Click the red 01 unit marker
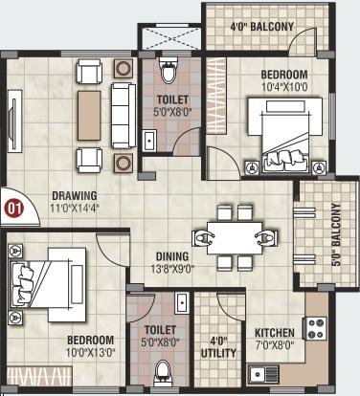point(13,205)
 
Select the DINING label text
point(172,255)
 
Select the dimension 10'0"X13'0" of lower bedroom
point(91,352)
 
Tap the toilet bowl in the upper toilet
point(169,71)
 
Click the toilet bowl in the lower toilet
point(165,367)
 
